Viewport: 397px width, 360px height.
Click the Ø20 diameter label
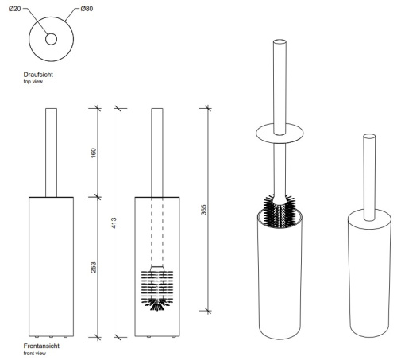(15, 9)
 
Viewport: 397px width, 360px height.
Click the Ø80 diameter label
(87, 9)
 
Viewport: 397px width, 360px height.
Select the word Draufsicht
(38, 75)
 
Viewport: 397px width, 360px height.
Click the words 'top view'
(33, 82)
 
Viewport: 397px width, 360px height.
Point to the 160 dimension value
(94, 153)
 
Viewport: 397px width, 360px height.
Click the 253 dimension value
(94, 267)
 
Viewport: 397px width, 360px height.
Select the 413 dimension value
(114, 223)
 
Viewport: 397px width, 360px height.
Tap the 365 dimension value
(203, 210)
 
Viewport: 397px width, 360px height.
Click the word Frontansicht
(41, 346)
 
